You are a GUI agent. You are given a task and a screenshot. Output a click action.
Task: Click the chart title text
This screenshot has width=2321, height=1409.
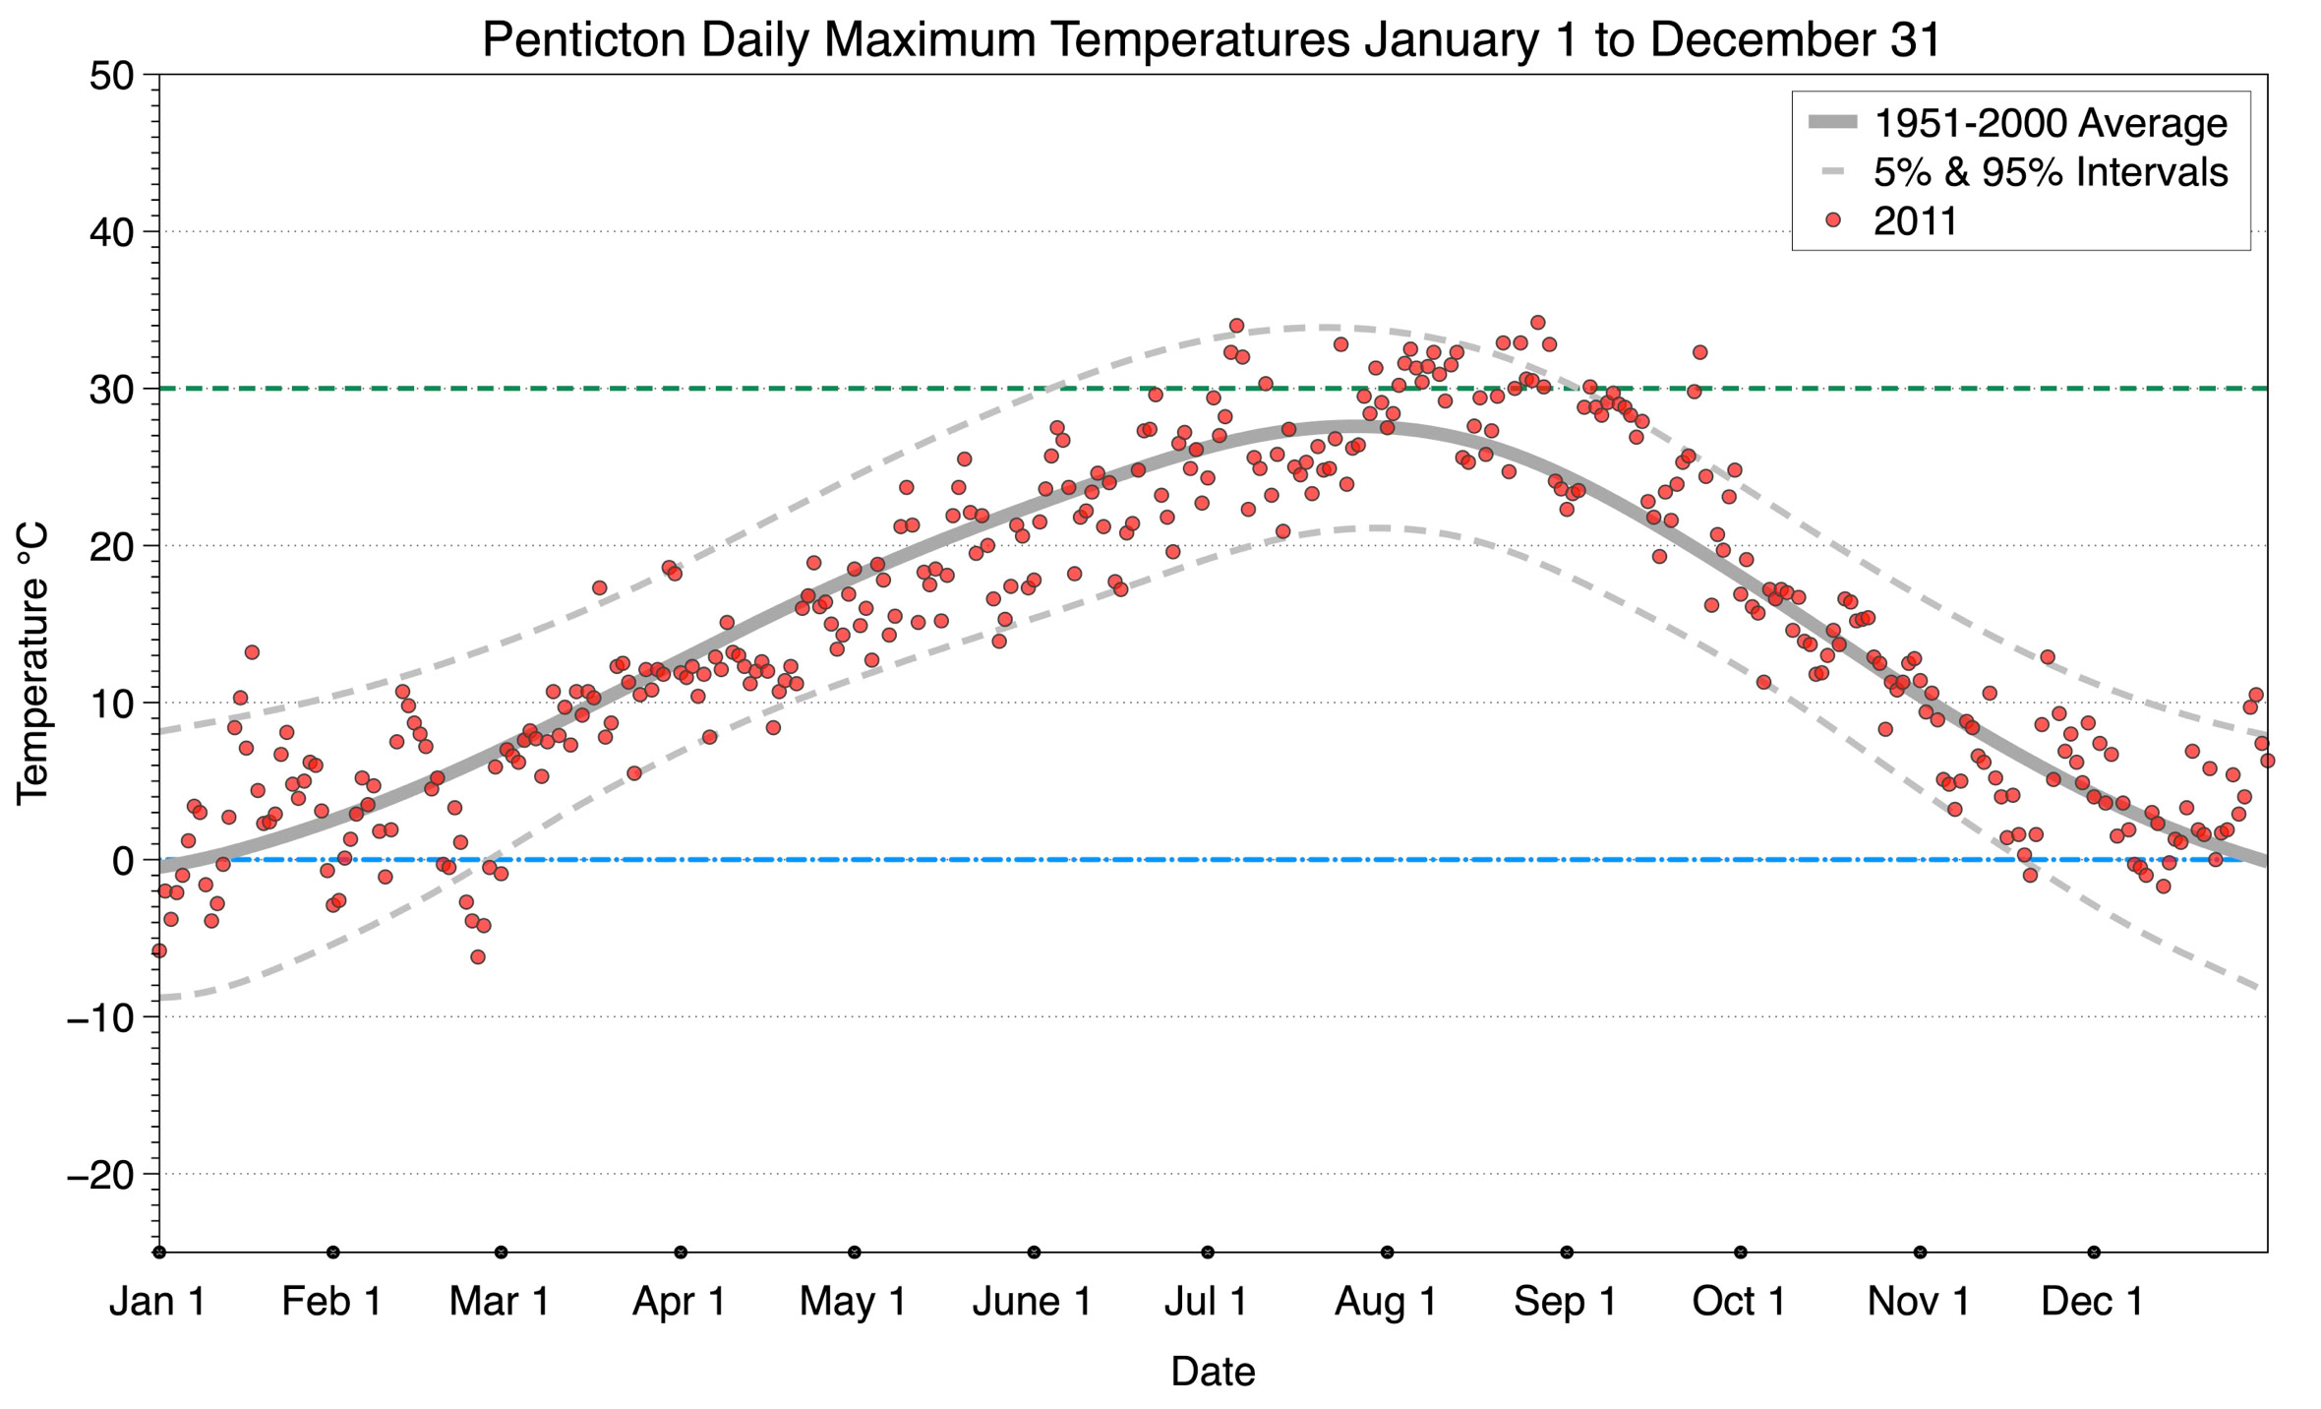coord(1212,39)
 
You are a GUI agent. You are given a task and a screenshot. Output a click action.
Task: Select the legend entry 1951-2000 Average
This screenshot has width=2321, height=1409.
coord(2050,123)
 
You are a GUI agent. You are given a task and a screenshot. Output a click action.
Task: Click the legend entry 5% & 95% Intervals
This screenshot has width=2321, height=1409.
coord(2050,172)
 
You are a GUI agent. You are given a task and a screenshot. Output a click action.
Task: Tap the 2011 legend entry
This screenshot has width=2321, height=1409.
coord(1915,221)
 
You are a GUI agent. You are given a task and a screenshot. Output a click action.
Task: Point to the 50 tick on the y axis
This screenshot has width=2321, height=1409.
coord(111,76)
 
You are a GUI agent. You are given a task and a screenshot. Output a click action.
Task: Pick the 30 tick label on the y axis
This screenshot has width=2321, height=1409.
coord(111,390)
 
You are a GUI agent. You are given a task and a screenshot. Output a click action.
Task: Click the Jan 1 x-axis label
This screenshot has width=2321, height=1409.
coord(157,1301)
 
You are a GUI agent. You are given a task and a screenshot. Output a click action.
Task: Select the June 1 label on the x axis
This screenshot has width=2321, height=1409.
coord(1032,1301)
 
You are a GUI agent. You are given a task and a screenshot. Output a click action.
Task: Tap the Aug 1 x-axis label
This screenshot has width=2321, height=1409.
coord(1385,1301)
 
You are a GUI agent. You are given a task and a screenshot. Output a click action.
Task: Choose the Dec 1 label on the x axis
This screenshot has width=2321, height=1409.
coord(2092,1301)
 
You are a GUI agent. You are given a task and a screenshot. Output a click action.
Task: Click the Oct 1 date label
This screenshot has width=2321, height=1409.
coord(1739,1301)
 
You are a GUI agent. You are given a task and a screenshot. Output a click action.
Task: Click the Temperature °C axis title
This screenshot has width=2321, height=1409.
coord(32,663)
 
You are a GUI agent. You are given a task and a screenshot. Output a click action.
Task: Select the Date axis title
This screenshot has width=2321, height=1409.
coord(1212,1372)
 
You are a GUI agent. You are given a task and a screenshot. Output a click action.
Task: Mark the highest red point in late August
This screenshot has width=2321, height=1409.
coord(1537,323)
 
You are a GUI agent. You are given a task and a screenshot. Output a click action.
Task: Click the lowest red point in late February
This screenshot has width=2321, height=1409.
coord(477,956)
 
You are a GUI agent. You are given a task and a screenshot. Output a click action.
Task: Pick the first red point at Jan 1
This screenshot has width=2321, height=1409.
coord(159,950)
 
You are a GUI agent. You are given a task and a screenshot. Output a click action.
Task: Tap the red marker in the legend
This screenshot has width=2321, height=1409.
coord(1832,221)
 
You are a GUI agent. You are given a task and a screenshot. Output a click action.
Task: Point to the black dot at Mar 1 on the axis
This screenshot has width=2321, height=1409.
coord(501,1253)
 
